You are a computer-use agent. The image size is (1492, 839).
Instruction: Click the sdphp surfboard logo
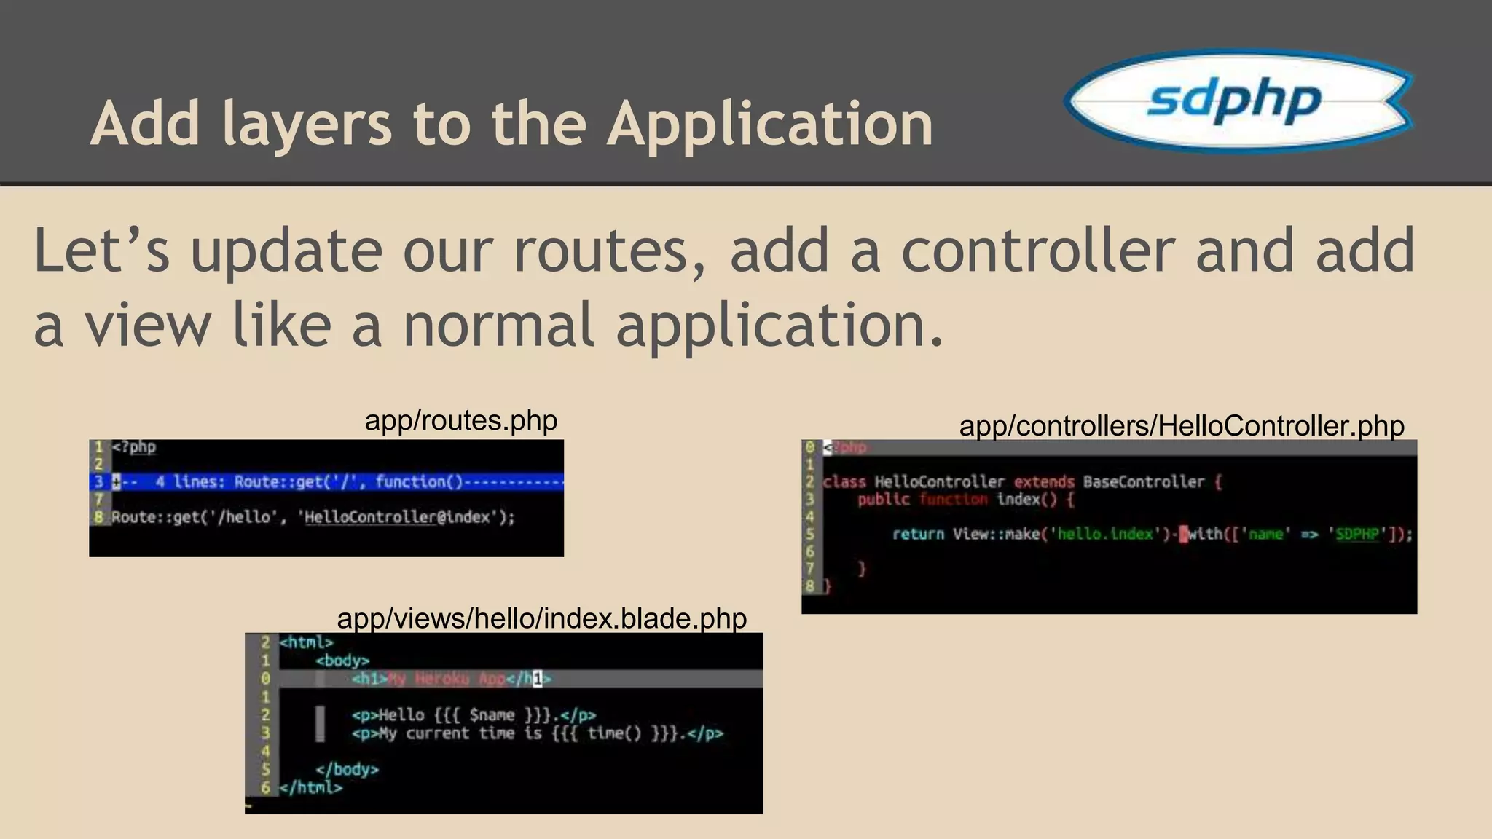tap(1238, 100)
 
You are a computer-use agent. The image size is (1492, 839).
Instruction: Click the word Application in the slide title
tap(770, 124)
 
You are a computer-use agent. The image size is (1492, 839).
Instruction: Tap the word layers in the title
tap(307, 124)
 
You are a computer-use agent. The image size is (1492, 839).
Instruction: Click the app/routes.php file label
tap(460, 421)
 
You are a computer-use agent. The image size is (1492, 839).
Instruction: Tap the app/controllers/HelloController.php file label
tap(1181, 426)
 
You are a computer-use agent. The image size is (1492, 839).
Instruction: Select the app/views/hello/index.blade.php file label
tap(541, 618)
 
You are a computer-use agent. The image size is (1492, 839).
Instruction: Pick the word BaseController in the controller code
tap(1143, 481)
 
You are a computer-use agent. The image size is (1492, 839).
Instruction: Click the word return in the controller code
tap(918, 534)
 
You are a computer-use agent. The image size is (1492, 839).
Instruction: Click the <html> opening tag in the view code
tap(306, 642)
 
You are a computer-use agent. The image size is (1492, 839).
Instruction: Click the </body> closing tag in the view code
tap(347, 769)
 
